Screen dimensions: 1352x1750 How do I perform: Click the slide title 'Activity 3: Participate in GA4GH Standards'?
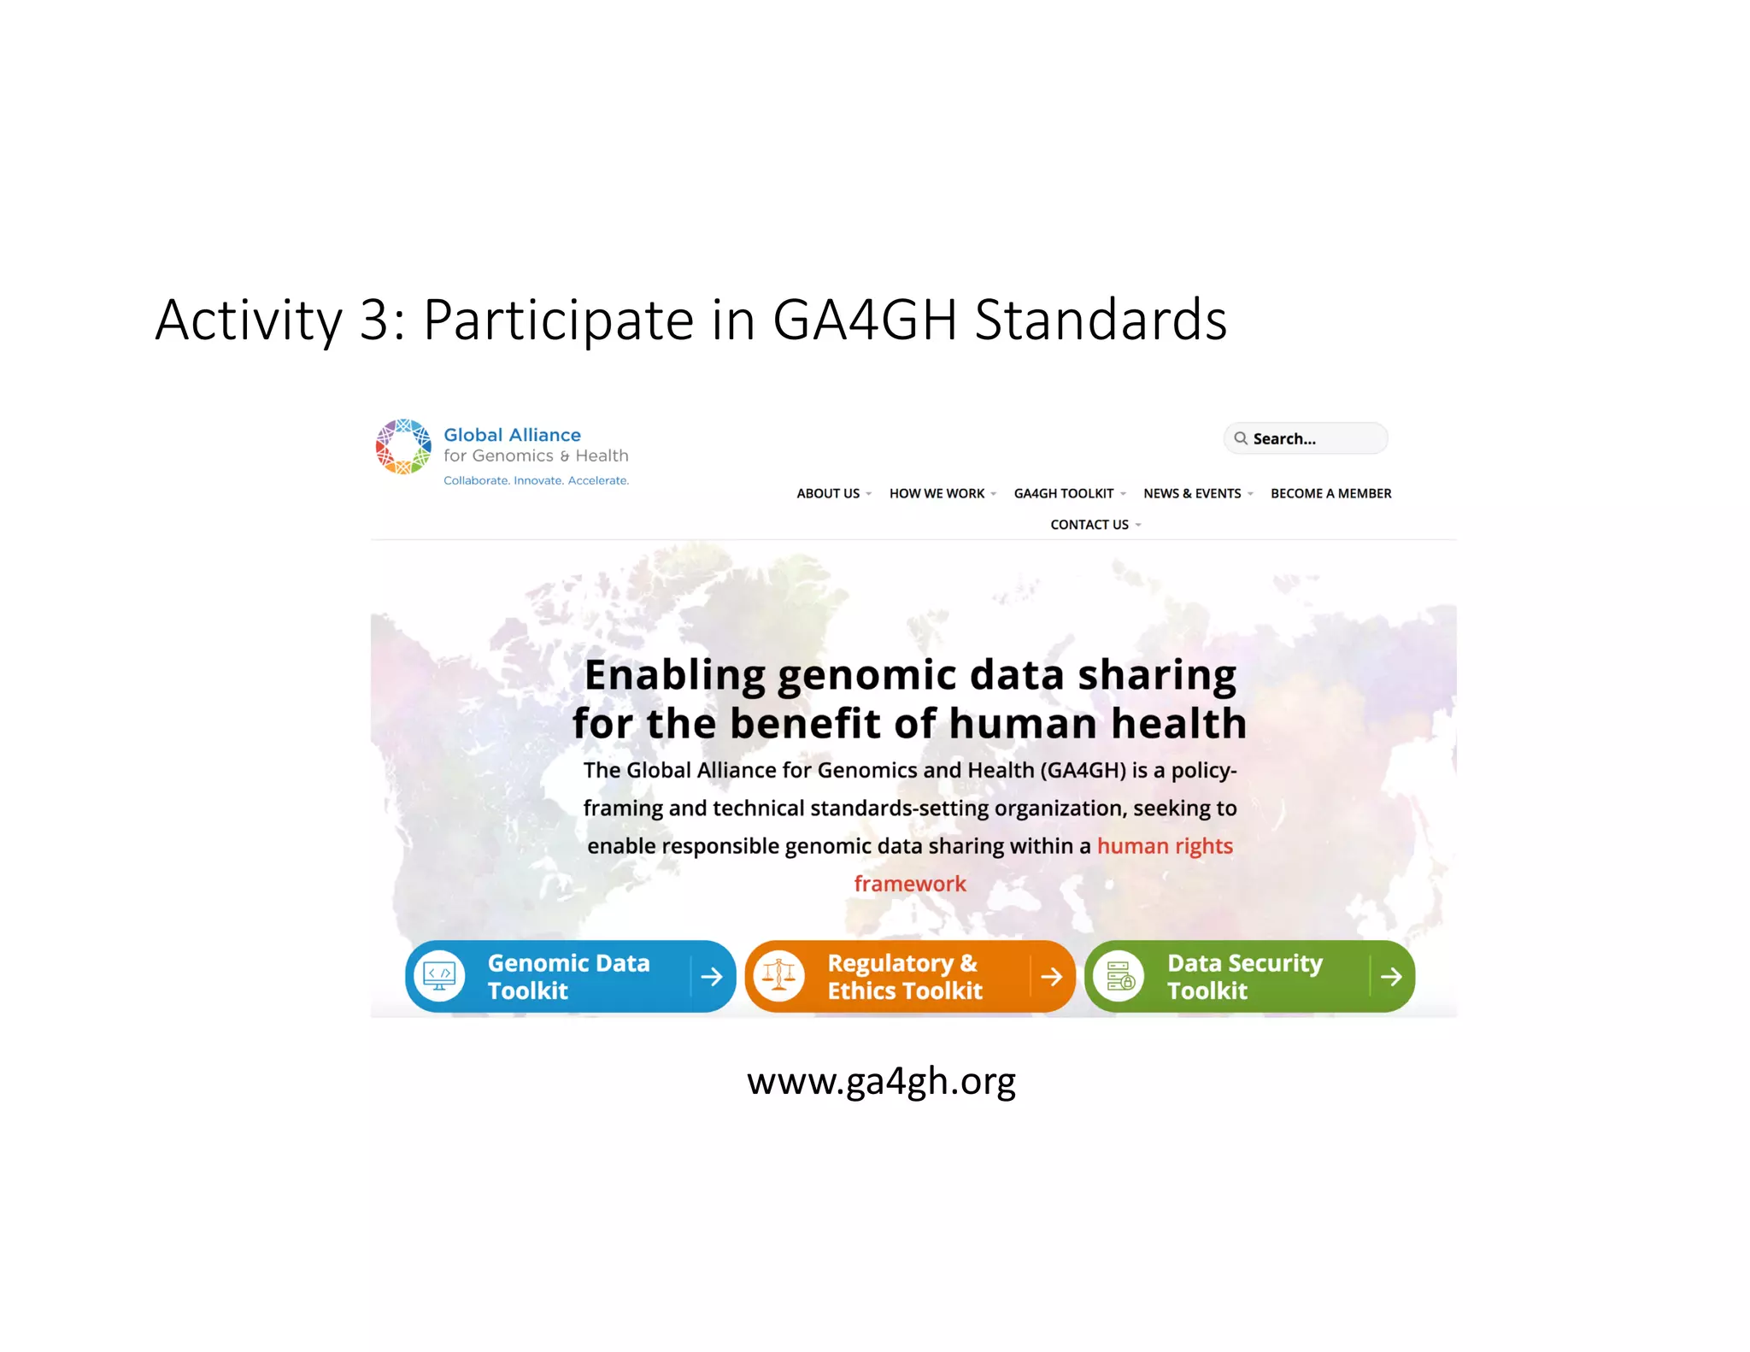point(690,320)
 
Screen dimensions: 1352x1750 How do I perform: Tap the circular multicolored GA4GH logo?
point(403,447)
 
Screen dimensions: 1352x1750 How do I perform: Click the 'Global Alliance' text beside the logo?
point(512,435)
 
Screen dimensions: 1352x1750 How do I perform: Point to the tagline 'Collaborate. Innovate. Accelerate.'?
point(536,481)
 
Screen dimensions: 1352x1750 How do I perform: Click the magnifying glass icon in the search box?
point(1240,438)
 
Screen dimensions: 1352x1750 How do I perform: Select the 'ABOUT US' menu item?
point(828,494)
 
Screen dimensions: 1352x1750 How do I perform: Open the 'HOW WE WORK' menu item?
point(937,494)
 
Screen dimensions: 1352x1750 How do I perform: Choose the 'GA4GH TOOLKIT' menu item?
point(1064,494)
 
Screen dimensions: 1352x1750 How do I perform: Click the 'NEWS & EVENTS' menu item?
point(1192,494)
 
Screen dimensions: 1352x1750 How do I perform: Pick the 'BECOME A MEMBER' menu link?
point(1330,494)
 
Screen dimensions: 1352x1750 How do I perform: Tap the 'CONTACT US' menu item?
point(1089,525)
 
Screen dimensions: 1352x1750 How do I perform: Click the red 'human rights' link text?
point(1165,846)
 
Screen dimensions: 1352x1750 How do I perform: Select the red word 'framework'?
point(910,884)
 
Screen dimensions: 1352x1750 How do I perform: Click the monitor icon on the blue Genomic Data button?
point(439,976)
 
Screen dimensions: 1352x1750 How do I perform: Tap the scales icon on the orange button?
point(778,976)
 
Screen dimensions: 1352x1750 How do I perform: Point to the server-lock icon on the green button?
point(1119,976)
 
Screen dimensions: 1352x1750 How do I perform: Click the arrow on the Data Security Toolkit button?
point(1391,976)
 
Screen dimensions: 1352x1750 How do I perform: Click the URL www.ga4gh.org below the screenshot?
point(881,1082)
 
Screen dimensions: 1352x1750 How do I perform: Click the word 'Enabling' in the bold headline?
point(675,675)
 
